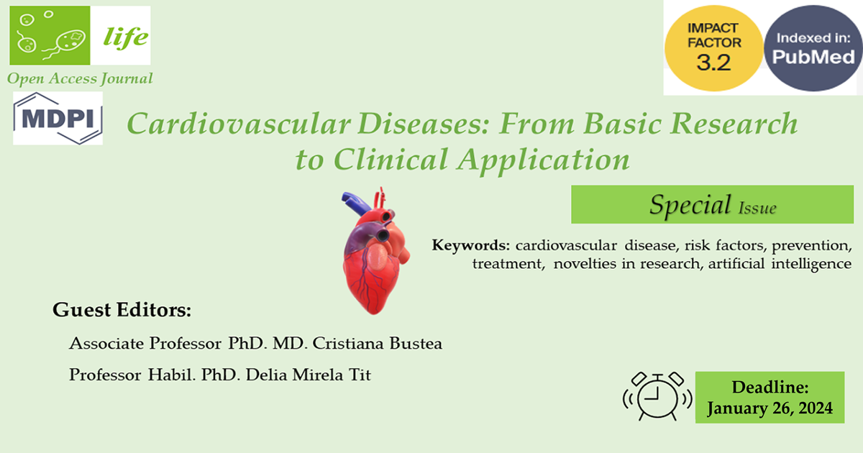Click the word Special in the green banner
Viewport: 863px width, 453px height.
689,205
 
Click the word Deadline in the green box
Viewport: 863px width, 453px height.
770,388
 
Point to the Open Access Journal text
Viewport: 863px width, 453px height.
80,78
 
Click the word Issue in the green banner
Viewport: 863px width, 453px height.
757,209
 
